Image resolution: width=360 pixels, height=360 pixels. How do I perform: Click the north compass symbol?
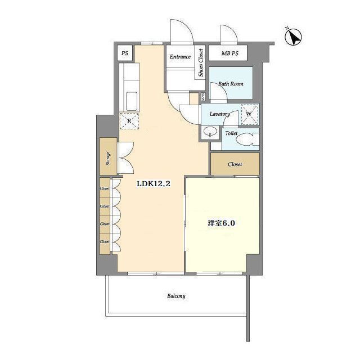pyautogui.click(x=293, y=37)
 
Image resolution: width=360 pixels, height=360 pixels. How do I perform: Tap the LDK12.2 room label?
pyautogui.click(x=154, y=184)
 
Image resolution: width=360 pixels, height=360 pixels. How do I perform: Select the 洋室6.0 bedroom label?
pyautogui.click(x=221, y=223)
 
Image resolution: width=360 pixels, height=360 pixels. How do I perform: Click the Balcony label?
pyautogui.click(x=176, y=296)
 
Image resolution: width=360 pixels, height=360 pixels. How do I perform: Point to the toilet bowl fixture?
pyautogui.click(x=247, y=139)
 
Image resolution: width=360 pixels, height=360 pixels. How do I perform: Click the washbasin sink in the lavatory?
pyautogui.click(x=210, y=132)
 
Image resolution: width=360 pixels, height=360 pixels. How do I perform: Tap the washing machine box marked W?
pyautogui.click(x=250, y=114)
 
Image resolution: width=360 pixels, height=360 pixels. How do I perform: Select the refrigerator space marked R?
pyautogui.click(x=129, y=121)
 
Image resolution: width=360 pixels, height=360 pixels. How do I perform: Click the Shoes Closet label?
pyautogui.click(x=201, y=62)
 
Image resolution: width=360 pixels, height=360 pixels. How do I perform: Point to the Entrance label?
pyautogui.click(x=180, y=57)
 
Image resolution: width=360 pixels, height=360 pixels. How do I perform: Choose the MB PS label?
pyautogui.click(x=230, y=53)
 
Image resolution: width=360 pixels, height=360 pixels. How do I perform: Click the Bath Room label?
pyautogui.click(x=231, y=84)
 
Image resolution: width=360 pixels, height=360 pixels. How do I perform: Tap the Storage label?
pyautogui.click(x=108, y=159)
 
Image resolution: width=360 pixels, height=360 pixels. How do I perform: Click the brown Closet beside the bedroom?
pyautogui.click(x=235, y=164)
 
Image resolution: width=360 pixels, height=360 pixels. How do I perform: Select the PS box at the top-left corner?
pyautogui.click(x=125, y=53)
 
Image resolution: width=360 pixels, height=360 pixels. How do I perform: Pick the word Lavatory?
pyautogui.click(x=220, y=114)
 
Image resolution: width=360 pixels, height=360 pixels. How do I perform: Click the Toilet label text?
pyautogui.click(x=231, y=133)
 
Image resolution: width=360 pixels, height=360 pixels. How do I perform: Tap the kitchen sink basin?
pyautogui.click(x=132, y=101)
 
